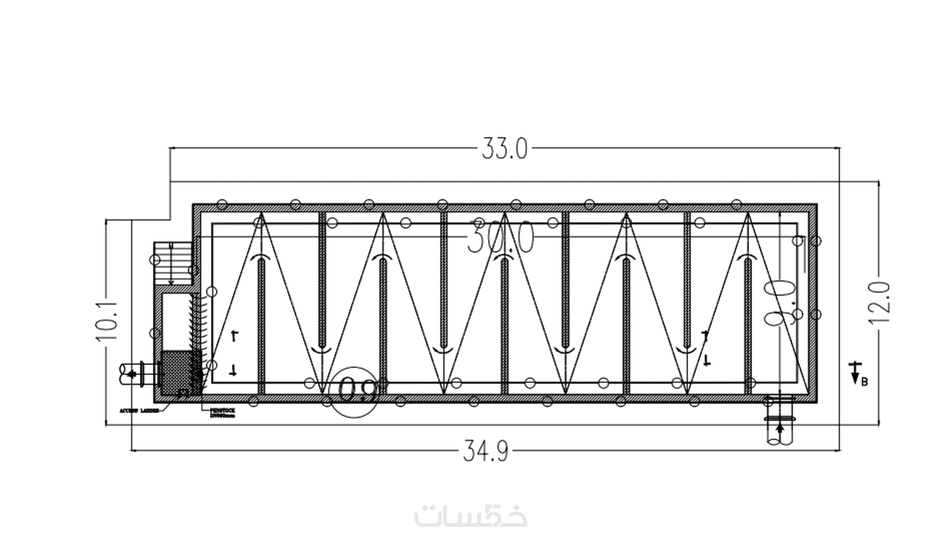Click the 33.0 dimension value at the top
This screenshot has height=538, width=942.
click(504, 149)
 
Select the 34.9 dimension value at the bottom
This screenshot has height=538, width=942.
click(485, 451)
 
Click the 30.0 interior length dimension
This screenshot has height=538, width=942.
click(500, 238)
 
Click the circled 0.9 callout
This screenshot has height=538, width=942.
click(355, 390)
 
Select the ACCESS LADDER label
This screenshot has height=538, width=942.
click(139, 410)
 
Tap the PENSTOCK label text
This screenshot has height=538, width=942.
click(222, 411)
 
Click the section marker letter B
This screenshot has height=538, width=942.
click(864, 381)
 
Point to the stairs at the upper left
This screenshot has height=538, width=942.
click(171, 263)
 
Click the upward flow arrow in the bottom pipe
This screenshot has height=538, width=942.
click(780, 429)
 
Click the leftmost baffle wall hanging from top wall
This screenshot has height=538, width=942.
click(322, 277)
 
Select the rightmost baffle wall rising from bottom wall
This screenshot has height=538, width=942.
click(748, 327)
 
